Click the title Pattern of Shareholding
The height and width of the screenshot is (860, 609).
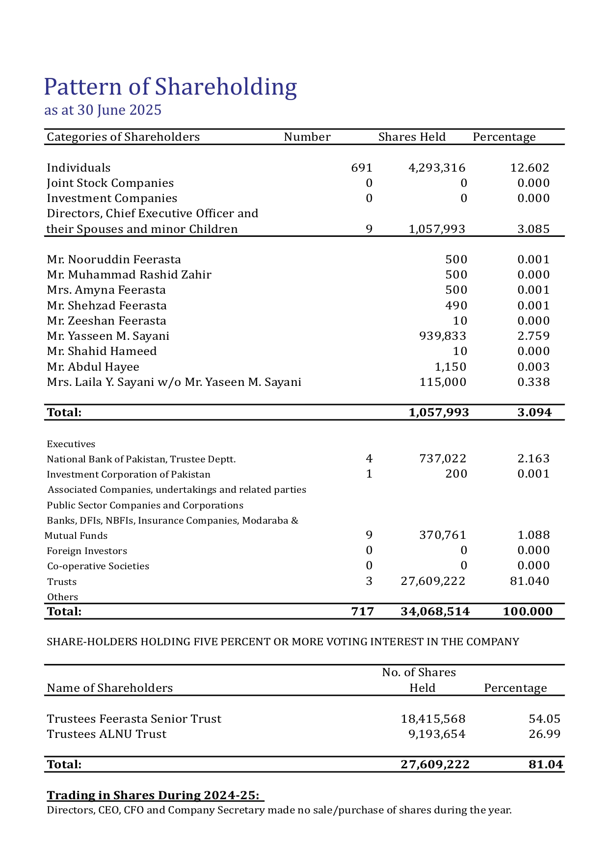(170, 87)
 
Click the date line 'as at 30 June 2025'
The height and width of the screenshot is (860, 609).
(103, 110)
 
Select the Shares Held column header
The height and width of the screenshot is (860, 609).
(412, 137)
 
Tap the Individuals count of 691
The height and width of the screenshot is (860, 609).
(362, 168)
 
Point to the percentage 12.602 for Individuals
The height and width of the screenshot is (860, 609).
(530, 168)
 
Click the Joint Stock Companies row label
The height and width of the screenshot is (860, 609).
(110, 183)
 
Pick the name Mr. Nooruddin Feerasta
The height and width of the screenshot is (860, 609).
(114, 259)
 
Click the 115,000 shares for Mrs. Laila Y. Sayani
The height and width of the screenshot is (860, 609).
(443, 382)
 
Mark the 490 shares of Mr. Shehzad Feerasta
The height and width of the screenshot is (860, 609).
(456, 305)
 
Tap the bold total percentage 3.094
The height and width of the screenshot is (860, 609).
(534, 412)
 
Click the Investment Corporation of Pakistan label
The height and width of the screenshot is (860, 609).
(129, 474)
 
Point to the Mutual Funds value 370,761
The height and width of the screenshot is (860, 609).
(443, 535)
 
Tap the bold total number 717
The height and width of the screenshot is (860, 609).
(363, 611)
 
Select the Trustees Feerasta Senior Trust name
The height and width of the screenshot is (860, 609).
(134, 719)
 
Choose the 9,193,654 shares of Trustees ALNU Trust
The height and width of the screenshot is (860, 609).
(437, 734)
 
